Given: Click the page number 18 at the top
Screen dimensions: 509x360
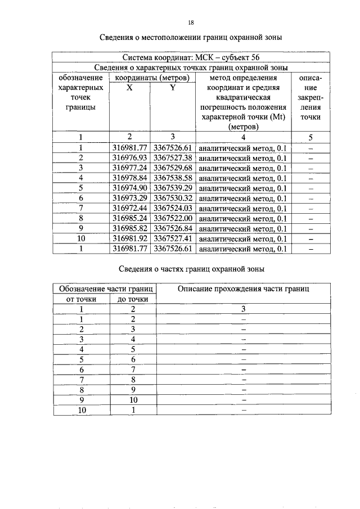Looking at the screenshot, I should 191,22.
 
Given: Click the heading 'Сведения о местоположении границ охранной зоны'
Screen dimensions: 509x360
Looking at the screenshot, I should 191,38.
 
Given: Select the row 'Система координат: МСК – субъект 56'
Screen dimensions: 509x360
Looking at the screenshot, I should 191,57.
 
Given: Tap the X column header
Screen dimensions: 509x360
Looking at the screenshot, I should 129,87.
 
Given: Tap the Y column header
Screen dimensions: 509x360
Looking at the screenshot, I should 173,87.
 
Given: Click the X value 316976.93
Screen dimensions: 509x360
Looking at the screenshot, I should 129,157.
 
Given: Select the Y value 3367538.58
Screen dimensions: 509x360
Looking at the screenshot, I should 173,178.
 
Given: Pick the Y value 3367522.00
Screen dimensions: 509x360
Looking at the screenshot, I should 173,218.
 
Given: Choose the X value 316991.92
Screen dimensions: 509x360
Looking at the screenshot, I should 129,238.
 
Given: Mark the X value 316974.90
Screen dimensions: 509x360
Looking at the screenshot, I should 129,188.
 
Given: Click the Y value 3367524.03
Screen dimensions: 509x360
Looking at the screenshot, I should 173,208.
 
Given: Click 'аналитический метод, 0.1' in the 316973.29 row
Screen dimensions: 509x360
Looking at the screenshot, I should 243,198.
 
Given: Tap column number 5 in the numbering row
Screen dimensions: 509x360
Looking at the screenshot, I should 310,137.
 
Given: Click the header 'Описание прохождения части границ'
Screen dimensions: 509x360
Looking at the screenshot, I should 243,289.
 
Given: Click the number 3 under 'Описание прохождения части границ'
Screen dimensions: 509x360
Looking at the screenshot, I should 243,309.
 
